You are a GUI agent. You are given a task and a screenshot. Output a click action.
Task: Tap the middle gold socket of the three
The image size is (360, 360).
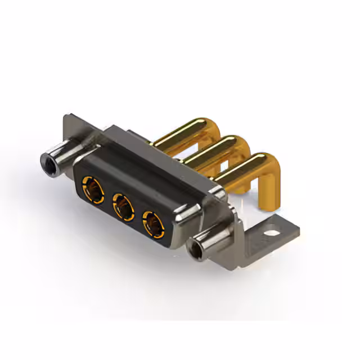(x=122, y=205)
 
